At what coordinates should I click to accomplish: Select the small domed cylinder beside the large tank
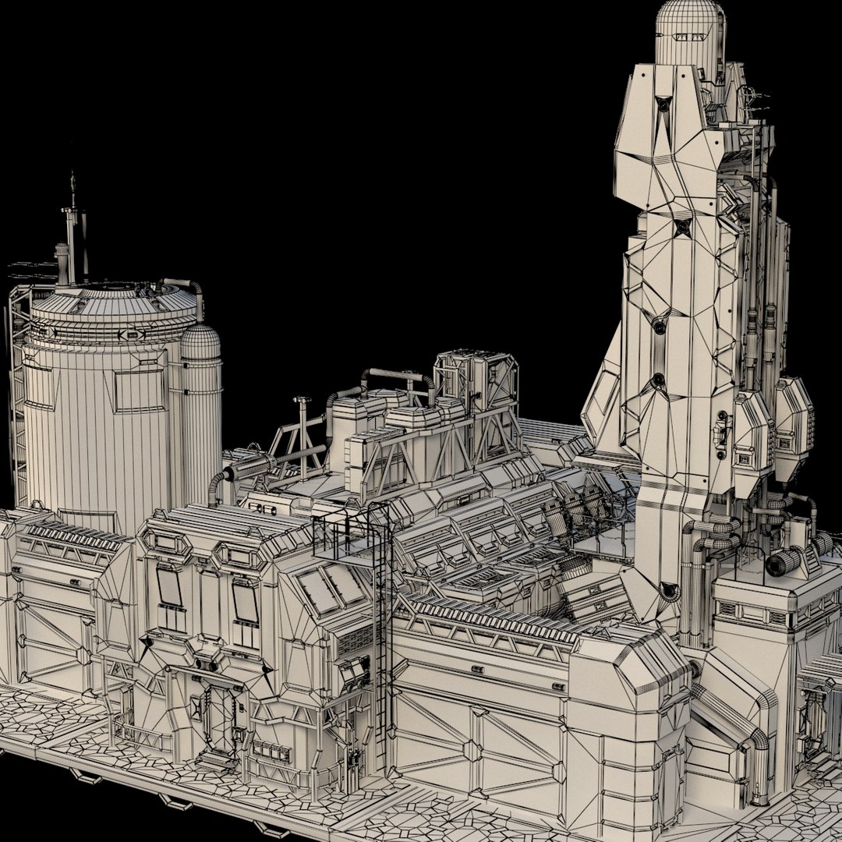[x=200, y=405]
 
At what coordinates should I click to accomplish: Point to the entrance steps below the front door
[x=217, y=761]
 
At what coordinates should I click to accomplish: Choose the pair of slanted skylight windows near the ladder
[x=331, y=589]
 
